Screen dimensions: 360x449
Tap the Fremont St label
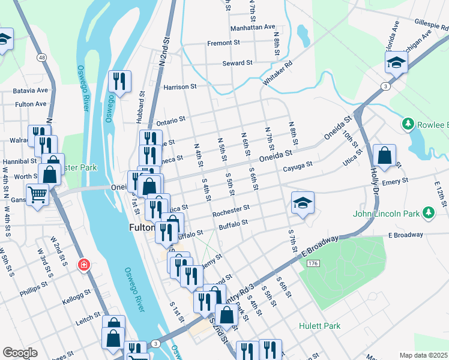click(x=223, y=43)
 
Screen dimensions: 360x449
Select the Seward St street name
click(x=237, y=63)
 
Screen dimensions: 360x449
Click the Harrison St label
click(x=180, y=86)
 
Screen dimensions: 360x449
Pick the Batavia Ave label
click(x=30, y=91)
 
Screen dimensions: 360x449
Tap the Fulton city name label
click(x=142, y=228)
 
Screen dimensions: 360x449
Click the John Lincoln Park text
click(x=386, y=213)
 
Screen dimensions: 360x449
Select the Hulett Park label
click(x=319, y=326)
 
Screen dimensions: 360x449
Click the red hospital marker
click(x=85, y=263)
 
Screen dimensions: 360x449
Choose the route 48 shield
click(x=41, y=58)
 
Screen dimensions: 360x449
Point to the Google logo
click(x=20, y=353)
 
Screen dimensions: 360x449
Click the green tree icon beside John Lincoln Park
click(x=428, y=213)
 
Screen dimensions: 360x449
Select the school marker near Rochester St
click(x=303, y=202)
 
